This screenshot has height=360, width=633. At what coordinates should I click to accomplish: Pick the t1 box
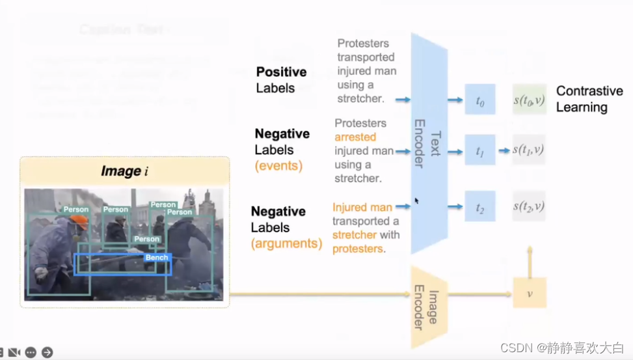480,150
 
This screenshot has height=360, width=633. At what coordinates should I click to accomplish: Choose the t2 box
480,206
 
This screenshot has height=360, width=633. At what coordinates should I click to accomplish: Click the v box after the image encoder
530,293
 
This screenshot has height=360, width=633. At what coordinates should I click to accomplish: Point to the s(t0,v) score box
529,100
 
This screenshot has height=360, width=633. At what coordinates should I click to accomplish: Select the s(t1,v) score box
529,150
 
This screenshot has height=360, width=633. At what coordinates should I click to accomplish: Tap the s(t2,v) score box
529,206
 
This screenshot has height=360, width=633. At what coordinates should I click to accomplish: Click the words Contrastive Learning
589,99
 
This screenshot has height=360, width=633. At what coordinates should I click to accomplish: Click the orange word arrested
355,137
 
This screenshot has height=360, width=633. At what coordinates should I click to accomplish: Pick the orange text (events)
278,165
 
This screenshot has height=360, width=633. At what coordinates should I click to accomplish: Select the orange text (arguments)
286,243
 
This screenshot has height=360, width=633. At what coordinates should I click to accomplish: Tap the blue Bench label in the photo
157,258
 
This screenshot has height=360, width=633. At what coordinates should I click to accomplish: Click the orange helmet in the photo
80,222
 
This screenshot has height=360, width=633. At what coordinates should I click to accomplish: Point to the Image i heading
124,171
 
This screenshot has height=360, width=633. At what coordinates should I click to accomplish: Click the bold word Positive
281,72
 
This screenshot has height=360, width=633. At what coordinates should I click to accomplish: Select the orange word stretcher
352,234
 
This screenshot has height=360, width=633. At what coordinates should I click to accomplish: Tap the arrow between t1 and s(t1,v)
504,150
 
